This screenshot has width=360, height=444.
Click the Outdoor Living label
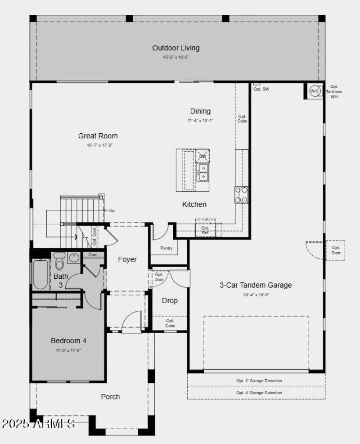175,48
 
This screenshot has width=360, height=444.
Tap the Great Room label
98,136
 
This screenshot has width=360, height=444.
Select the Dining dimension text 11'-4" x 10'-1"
200,121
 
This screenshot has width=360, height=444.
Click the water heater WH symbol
314,91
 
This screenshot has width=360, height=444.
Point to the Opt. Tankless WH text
334,91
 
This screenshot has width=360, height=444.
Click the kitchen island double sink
203,172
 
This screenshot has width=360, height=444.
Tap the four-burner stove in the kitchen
241,195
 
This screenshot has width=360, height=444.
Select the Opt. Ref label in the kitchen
205,230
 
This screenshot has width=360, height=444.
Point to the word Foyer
127,259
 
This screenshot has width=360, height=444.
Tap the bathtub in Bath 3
40,275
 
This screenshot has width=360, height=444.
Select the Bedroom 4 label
68,340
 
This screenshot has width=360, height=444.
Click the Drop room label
170,300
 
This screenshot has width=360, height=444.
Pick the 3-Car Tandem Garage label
255,285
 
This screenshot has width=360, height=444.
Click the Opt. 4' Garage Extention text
259,393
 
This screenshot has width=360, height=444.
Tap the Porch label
110,397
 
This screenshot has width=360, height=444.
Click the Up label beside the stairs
112,210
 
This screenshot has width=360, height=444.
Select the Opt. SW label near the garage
261,89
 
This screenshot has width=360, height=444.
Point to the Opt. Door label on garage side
336,250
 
